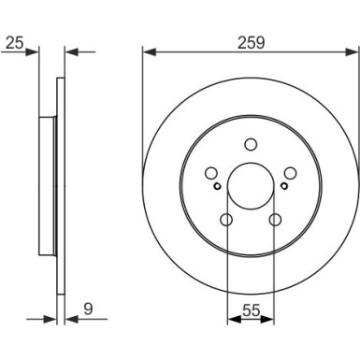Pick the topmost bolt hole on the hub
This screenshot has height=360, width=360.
pyautogui.click(x=250, y=144)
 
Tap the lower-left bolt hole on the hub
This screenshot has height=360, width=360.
pyautogui.click(x=225, y=221)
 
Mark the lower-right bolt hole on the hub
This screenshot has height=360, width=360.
pyautogui.click(x=274, y=221)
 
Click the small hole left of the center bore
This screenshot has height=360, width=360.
pyautogui.click(x=219, y=185)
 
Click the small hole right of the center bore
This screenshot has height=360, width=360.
pyautogui.click(x=281, y=185)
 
